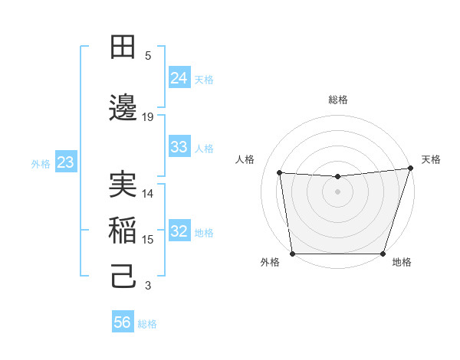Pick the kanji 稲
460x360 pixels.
123,231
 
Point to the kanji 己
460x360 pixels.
123,277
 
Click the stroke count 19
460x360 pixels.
148,116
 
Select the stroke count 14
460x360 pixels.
148,193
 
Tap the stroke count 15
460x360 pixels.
148,239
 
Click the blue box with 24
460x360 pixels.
179,78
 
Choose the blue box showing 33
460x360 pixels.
179,147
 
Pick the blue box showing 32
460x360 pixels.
179,231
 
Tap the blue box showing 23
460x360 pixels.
65,162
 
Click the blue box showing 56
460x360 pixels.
122,322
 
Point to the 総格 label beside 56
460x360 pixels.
147,324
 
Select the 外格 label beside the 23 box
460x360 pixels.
41,164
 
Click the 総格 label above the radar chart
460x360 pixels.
338,100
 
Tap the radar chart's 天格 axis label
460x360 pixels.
431,159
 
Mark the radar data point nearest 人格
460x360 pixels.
279,172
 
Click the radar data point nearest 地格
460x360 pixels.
383,254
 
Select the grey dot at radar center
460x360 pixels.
338,191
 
